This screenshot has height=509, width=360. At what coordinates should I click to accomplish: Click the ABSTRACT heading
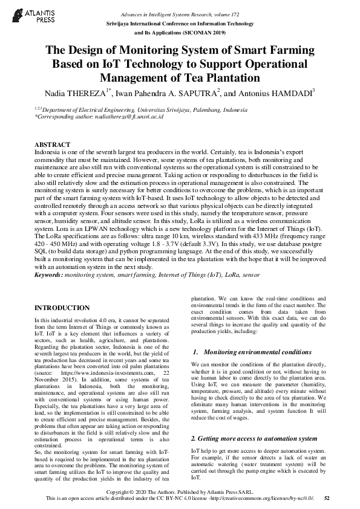[x=53, y=145]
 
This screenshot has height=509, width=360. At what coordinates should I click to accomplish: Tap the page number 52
[x=327, y=498]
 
